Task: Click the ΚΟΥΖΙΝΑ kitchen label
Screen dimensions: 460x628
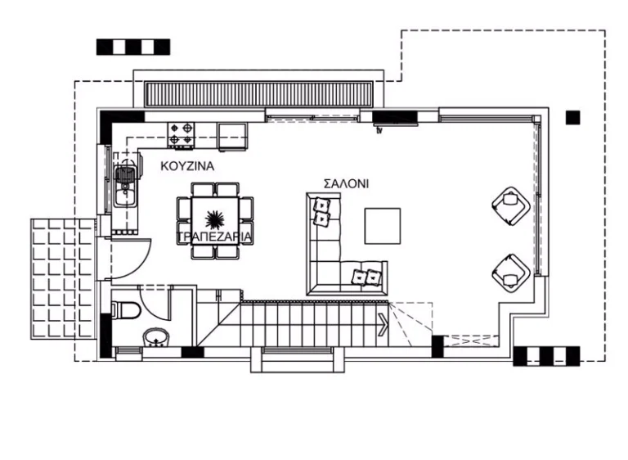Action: pyautogui.click(x=187, y=165)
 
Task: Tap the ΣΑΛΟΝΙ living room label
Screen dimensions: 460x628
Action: pyautogui.click(x=346, y=183)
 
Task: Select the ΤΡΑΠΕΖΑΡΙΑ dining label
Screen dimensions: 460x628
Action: pyautogui.click(x=213, y=237)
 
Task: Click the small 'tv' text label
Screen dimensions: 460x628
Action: pyautogui.click(x=379, y=129)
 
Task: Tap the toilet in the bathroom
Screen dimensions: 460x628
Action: pyautogui.click(x=123, y=311)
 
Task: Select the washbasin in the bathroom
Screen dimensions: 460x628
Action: pyautogui.click(x=156, y=337)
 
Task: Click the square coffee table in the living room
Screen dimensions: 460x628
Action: pyautogui.click(x=383, y=226)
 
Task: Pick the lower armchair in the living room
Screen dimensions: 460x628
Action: pyautogui.click(x=510, y=271)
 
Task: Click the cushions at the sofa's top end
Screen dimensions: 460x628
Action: pyautogui.click(x=322, y=211)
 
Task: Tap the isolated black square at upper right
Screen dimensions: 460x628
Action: pyautogui.click(x=572, y=118)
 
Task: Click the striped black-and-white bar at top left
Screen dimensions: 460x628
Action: pyautogui.click(x=133, y=47)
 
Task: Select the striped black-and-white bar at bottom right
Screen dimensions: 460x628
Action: pyautogui.click(x=546, y=355)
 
